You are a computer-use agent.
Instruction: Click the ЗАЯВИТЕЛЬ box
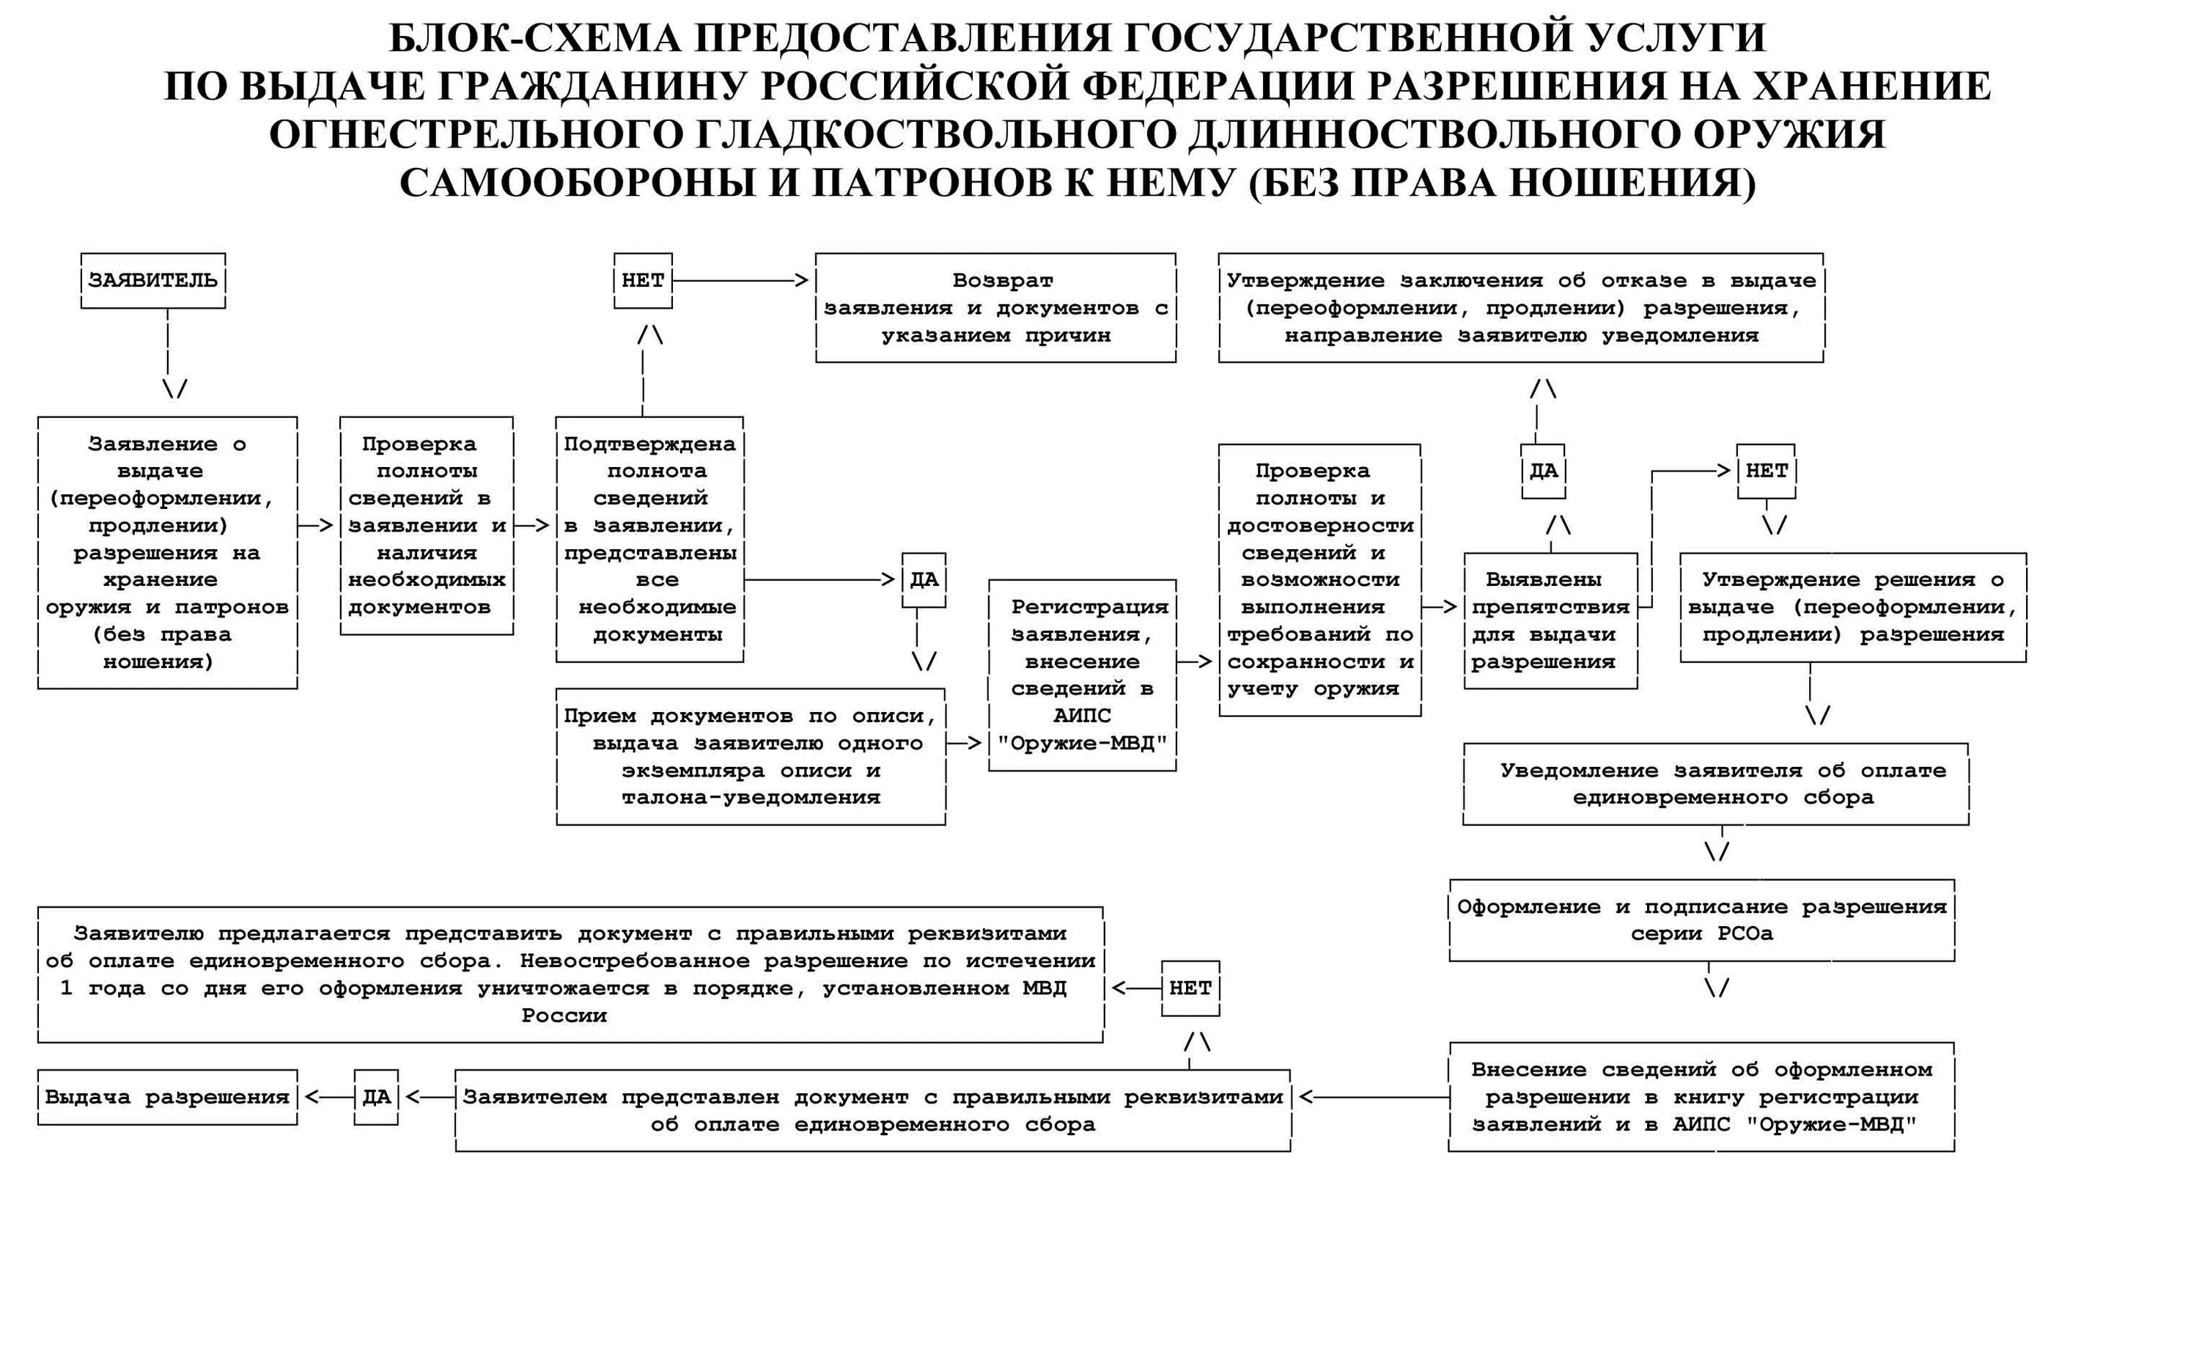click(152, 280)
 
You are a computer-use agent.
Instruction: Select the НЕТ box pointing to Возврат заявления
click(643, 280)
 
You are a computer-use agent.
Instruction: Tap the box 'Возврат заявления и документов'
click(995, 308)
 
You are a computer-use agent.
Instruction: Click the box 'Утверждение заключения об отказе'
click(1521, 308)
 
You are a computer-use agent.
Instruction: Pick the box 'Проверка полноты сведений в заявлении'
click(427, 526)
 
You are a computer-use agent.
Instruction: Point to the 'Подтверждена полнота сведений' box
click(649, 539)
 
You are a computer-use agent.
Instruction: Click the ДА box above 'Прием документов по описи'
click(924, 580)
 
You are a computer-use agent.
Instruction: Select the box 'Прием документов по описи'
click(751, 757)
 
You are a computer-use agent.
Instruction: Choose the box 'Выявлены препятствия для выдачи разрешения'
click(1550, 621)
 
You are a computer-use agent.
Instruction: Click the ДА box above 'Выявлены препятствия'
click(1543, 471)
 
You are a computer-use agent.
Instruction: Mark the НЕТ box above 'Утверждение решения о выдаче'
click(1766, 471)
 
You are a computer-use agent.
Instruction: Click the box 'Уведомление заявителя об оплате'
click(1715, 784)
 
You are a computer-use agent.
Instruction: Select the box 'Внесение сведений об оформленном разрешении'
click(1701, 1097)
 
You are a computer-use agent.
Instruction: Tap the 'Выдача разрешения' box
click(167, 1097)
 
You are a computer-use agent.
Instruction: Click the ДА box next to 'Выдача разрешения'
click(376, 1097)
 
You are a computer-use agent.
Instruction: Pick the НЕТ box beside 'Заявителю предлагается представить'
click(1190, 988)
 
